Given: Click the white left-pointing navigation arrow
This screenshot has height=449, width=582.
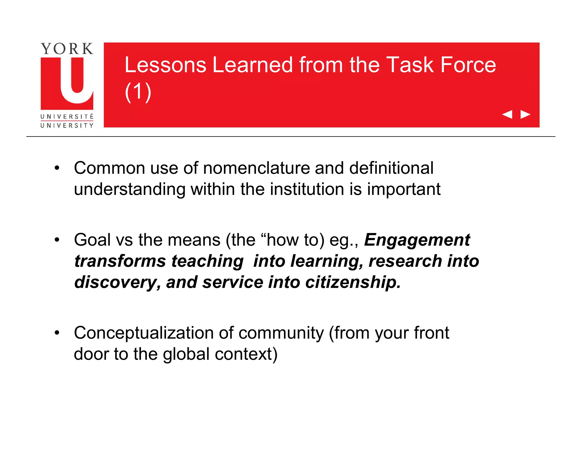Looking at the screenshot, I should (x=507, y=114).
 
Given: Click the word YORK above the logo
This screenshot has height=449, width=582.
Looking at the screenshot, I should (x=67, y=49).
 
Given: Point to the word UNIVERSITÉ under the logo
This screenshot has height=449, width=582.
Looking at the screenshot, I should (x=67, y=117).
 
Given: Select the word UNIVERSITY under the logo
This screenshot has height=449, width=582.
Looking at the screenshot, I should (x=67, y=125).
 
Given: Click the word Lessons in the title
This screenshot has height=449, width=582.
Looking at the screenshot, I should (x=165, y=65).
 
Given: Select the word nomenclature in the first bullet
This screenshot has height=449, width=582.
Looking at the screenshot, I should (x=256, y=168).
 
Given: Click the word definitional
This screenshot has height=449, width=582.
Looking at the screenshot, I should (x=391, y=168).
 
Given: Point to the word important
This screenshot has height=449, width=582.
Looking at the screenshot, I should (x=404, y=189).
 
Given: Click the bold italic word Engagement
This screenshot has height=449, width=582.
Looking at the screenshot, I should (x=417, y=240).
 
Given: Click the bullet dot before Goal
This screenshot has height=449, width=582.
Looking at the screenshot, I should (x=57, y=240).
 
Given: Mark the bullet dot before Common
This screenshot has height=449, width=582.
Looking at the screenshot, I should (x=57, y=168).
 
